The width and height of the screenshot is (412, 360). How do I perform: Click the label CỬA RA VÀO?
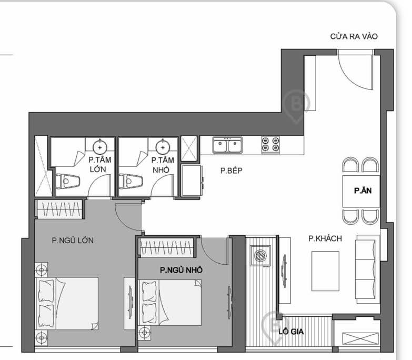pyautogui.click(x=354, y=37)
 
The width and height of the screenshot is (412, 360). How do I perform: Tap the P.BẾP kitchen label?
pyautogui.click(x=230, y=171)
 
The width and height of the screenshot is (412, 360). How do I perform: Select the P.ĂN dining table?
pyautogui.click(x=363, y=191)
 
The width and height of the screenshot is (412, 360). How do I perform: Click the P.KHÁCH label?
pyautogui.click(x=325, y=238)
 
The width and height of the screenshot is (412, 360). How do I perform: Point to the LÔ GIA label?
pyautogui.click(x=291, y=332)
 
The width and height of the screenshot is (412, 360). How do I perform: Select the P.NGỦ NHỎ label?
pyautogui.click(x=182, y=270)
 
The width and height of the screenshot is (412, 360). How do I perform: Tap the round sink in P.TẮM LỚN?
pyautogui.click(x=100, y=147)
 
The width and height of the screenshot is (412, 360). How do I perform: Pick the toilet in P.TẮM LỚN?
pyautogui.click(x=67, y=181)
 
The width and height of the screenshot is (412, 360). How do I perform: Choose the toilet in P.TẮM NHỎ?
pyautogui.click(x=130, y=181)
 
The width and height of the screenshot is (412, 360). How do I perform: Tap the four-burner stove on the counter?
pyautogui.click(x=270, y=144)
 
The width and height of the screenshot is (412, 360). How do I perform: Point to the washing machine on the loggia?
pyautogui.click(x=260, y=256)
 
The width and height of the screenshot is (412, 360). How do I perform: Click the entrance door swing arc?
pyautogui.click(x=352, y=71)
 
